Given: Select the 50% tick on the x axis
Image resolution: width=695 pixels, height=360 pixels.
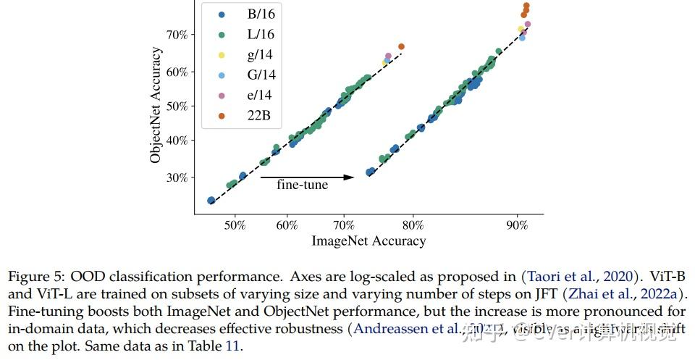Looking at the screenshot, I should coord(235,226).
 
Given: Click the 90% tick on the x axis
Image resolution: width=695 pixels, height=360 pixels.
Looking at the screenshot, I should coord(517,226).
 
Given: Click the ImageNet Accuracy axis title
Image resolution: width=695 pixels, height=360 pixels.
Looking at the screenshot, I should coord(368,241).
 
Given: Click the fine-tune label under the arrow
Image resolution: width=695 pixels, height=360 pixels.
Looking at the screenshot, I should coord(303,185).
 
